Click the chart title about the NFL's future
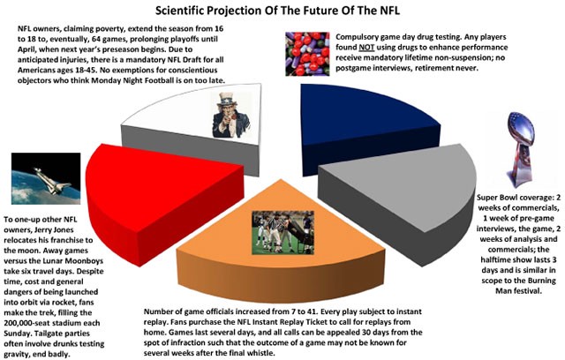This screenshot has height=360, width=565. (x=277, y=10)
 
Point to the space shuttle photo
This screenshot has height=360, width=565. (x=46, y=178)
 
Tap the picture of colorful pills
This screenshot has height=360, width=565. (x=307, y=54)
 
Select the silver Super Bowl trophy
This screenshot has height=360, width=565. (x=520, y=149)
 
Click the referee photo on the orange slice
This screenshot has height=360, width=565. (x=282, y=233)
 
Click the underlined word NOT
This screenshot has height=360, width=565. (x=366, y=48)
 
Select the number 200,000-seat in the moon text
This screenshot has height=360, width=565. (x=32, y=323)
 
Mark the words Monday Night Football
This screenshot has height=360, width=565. (x=132, y=80)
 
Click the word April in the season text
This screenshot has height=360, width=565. (x=26, y=49)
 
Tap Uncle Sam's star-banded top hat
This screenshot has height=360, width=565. (x=226, y=98)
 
